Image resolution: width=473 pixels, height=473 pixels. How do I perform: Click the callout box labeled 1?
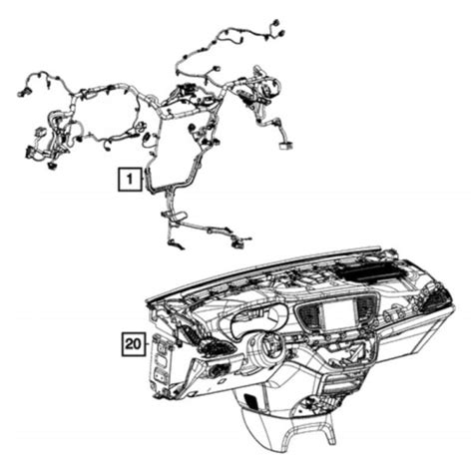[128, 180]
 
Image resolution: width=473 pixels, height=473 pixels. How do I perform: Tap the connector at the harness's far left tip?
[22, 92]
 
